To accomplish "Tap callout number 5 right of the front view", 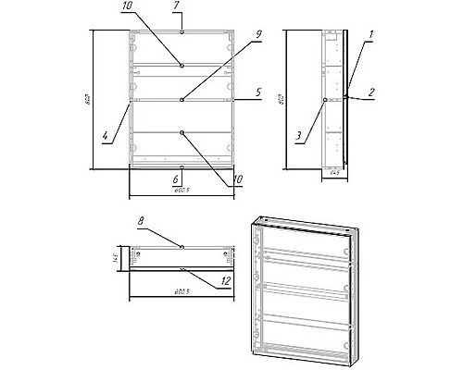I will coord(260,92).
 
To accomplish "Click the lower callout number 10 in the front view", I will coord(238,179).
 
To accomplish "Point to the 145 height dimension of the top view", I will coord(118,258).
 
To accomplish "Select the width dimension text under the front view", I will coord(181,191).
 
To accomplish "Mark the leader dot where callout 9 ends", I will coord(182,99).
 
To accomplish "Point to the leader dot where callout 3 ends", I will coord(324,99).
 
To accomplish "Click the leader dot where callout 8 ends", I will coord(182,247).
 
